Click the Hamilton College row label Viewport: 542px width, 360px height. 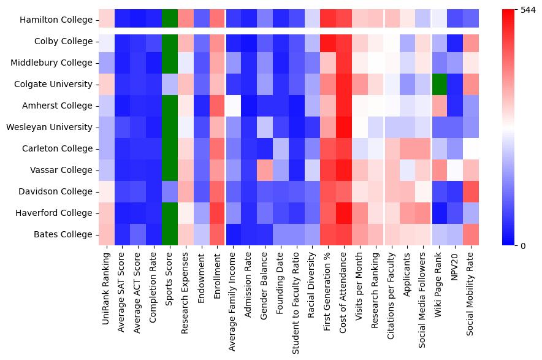[56, 20]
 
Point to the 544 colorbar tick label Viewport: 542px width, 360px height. [527, 10]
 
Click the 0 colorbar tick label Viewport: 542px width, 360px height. [522, 246]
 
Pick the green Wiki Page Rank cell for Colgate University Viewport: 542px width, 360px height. [439, 84]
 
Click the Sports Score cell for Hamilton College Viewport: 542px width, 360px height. [170, 20]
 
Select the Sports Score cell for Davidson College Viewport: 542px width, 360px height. [170, 191]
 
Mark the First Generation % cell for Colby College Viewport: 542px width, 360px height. [327, 41]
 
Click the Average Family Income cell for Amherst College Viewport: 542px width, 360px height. [233, 105]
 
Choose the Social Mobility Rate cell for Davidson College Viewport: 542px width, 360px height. [471, 191]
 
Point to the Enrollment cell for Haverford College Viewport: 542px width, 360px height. [217, 213]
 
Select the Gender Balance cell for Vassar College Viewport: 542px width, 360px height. [264, 170]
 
